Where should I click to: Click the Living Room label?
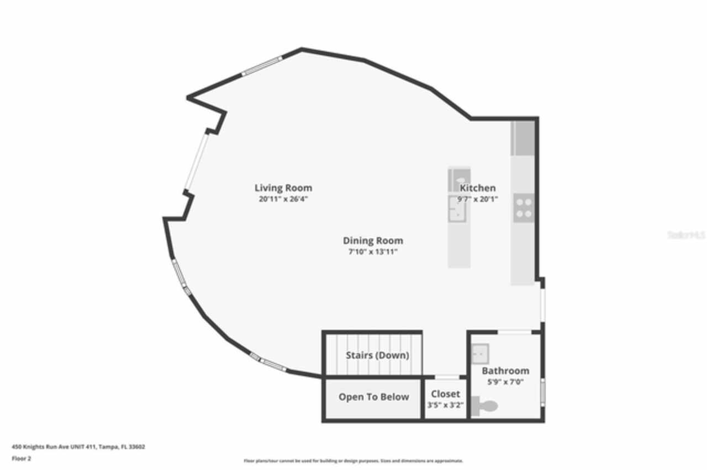[283, 188]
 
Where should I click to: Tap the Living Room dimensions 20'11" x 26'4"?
[283, 199]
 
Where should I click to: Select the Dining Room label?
[373, 241]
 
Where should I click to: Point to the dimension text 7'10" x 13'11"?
[373, 252]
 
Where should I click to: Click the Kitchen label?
[478, 188]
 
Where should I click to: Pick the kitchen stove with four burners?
[523, 208]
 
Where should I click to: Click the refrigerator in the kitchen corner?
[523, 138]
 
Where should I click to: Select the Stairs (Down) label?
[377, 355]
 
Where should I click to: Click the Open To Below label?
[373, 397]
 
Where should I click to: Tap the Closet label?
[445, 394]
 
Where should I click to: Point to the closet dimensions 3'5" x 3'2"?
[445, 405]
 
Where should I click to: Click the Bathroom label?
[505, 371]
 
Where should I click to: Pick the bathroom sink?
[479, 350]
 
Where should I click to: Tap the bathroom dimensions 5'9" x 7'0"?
[505, 382]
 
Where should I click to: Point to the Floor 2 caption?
[22, 458]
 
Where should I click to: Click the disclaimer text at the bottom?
[353, 461]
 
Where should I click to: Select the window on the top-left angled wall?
[262, 66]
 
